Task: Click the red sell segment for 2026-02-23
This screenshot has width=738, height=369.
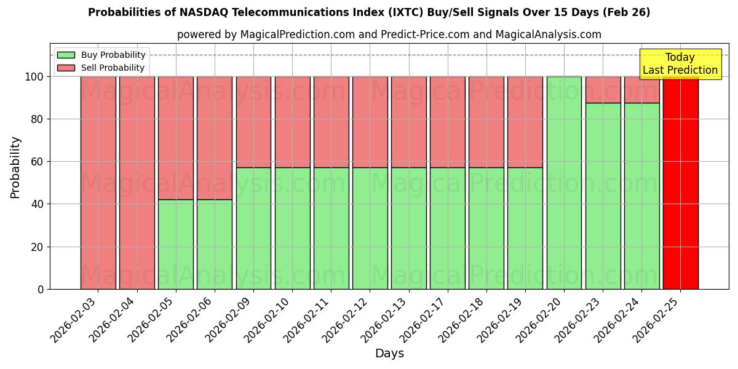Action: pyautogui.click(x=603, y=90)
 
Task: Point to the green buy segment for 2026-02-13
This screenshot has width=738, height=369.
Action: pyautogui.click(x=408, y=228)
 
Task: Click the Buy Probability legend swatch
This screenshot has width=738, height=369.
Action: pyautogui.click(x=66, y=55)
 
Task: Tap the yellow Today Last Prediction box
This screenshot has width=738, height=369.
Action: pyautogui.click(x=680, y=64)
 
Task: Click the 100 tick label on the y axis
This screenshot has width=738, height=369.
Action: pyautogui.click(x=34, y=77)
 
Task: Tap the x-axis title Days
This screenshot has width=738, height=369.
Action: pyautogui.click(x=389, y=354)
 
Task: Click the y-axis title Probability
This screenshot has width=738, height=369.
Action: pyautogui.click(x=15, y=167)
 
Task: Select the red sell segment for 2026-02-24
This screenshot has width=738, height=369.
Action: pyautogui.click(x=641, y=90)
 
